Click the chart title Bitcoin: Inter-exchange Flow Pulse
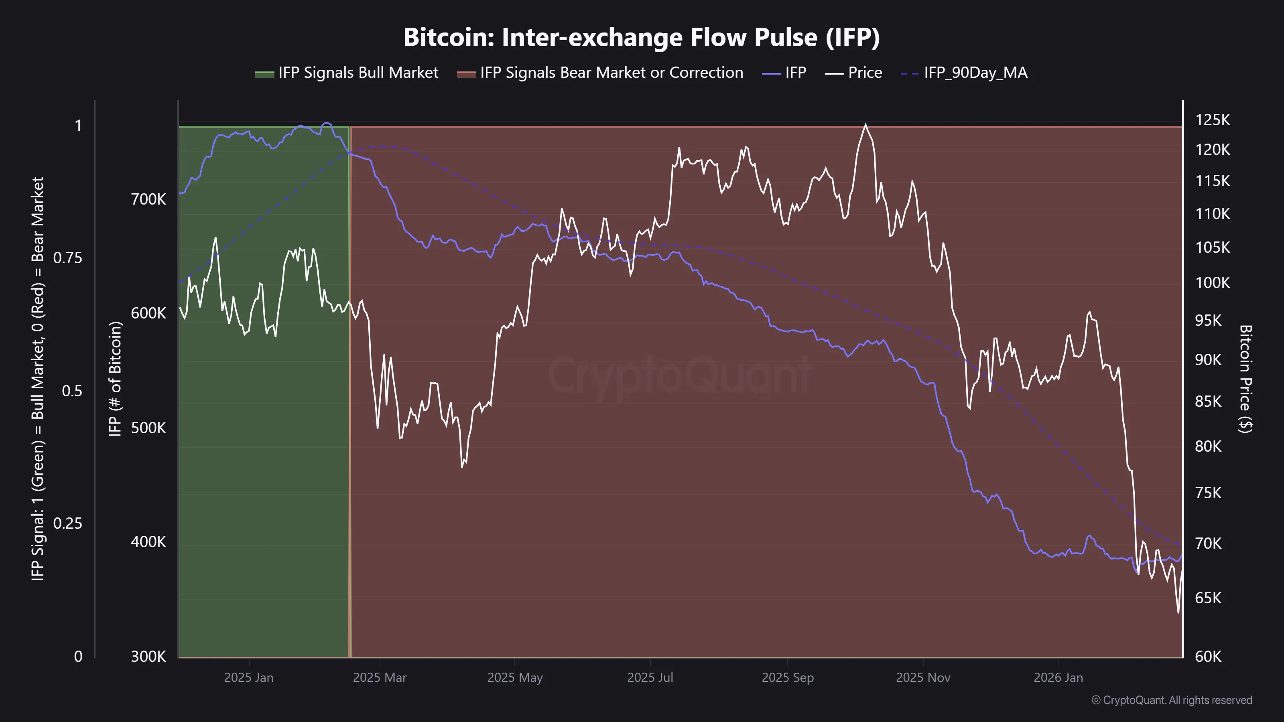[642, 37]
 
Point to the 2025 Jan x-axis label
[248, 677]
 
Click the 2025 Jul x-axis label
[650, 677]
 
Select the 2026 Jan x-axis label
[1058, 677]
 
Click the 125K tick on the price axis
[1212, 120]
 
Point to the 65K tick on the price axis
[1208, 598]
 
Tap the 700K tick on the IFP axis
[148, 199]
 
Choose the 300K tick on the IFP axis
[148, 657]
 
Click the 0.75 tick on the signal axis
[68, 258]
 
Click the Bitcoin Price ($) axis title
[1245, 379]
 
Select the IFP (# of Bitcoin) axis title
[115, 379]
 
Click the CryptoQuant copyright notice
[1171, 700]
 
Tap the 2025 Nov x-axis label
[923, 677]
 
